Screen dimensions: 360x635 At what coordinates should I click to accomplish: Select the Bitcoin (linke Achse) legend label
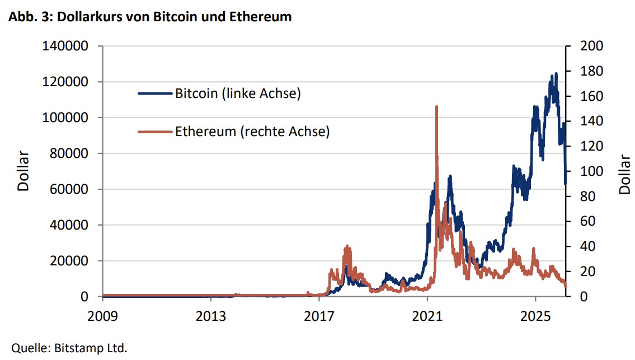[x=238, y=93]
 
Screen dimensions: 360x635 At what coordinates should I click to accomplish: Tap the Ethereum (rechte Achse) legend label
[x=252, y=132]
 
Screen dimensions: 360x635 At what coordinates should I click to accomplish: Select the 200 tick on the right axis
[x=592, y=46]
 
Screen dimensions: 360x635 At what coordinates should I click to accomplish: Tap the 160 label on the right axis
[x=592, y=96]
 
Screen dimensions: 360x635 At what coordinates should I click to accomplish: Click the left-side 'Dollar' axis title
[x=23, y=171]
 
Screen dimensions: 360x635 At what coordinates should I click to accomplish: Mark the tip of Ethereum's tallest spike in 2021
[x=436, y=106]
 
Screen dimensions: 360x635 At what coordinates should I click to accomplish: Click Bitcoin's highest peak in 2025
[x=556, y=73]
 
